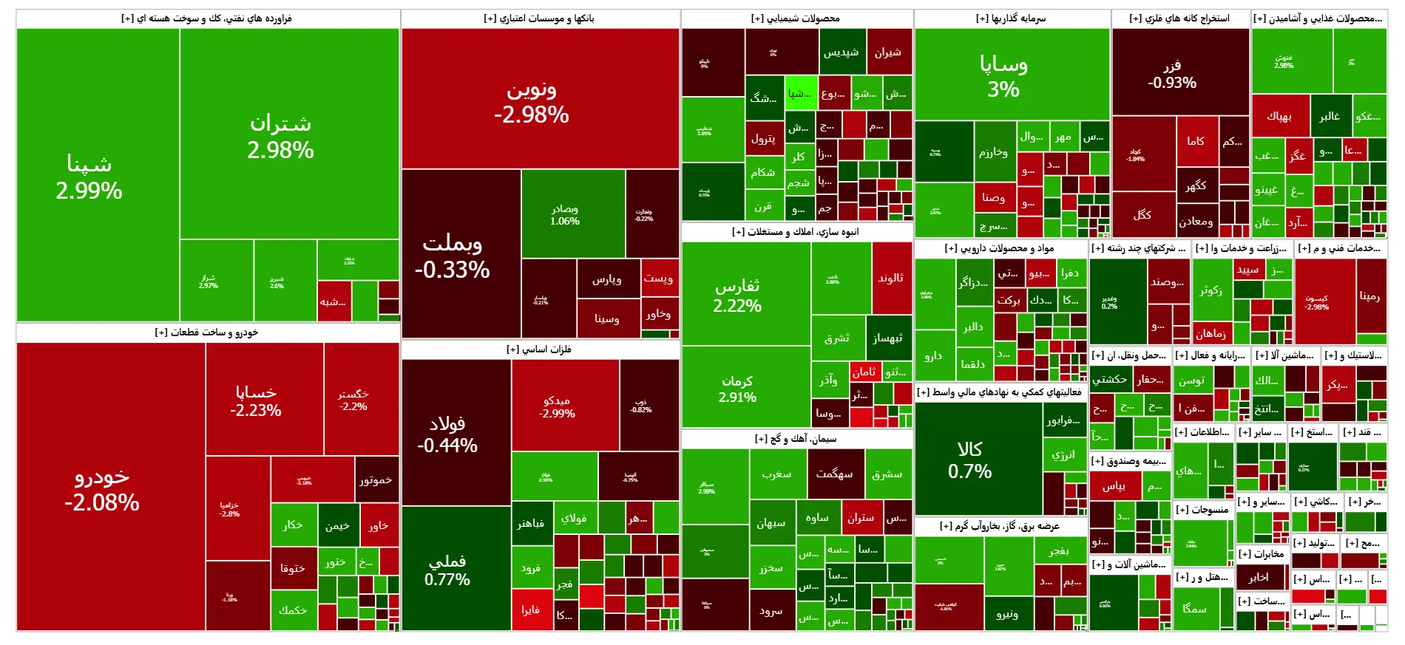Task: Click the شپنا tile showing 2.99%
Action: (x=89, y=177)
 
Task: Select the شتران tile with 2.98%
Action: (x=281, y=137)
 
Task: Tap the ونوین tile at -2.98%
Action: (x=532, y=102)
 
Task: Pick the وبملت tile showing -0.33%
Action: (x=453, y=256)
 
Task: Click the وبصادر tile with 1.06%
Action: (x=565, y=214)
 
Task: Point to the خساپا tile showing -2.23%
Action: (x=256, y=401)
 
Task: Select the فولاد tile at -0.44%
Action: (x=447, y=434)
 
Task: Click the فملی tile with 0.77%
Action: (x=447, y=570)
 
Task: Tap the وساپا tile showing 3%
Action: (x=1003, y=76)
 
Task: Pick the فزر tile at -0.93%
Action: (x=1172, y=74)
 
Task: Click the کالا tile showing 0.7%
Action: (x=969, y=460)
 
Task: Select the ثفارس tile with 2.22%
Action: (x=737, y=296)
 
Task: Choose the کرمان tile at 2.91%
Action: (x=737, y=388)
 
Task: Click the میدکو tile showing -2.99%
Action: (x=557, y=406)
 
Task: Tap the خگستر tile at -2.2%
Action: (x=353, y=400)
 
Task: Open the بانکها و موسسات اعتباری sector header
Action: (x=539, y=18)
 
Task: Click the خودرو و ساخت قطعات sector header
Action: (x=206, y=332)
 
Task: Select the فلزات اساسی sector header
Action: (x=539, y=349)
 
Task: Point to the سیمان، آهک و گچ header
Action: (x=796, y=439)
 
